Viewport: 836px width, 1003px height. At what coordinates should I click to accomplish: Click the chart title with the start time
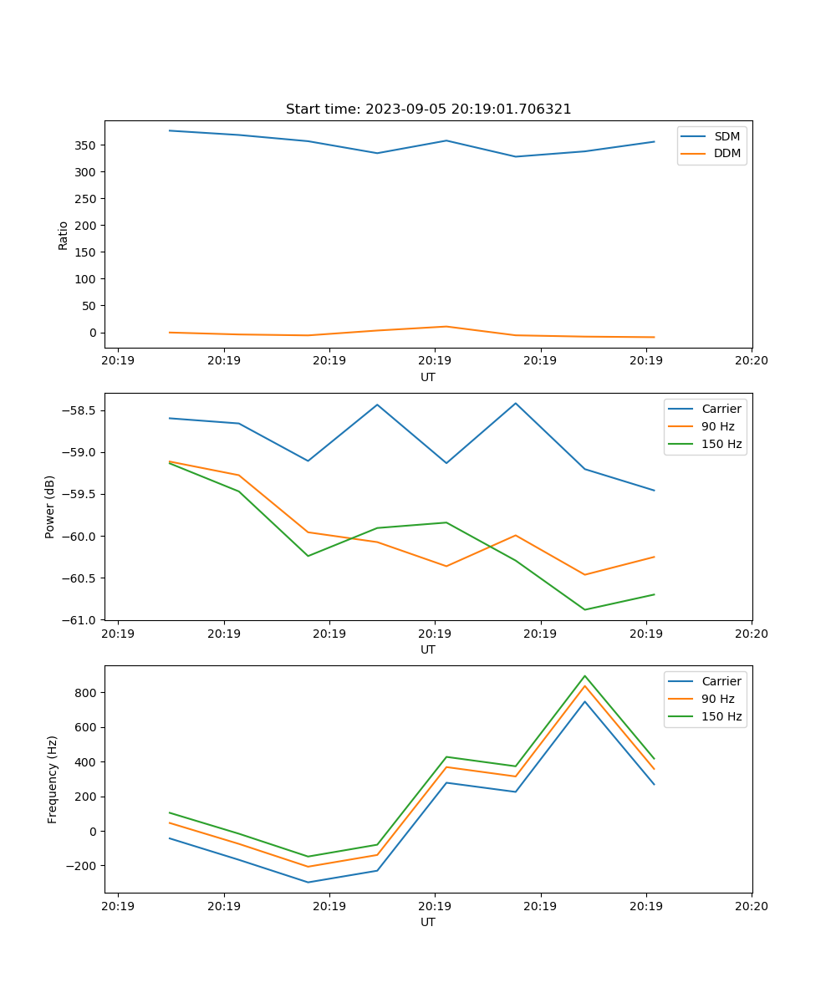pos(428,109)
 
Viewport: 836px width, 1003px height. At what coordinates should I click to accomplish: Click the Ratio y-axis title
pos(64,235)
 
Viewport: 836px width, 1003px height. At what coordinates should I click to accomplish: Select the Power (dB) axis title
pos(50,507)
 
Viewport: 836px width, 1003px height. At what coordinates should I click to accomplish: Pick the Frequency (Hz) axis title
pos(52,779)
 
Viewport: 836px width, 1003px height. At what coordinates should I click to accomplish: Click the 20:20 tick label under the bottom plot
pos(752,906)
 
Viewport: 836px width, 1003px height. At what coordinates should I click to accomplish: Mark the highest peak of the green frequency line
pos(584,676)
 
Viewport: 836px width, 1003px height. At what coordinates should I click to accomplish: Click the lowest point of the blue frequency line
pos(308,882)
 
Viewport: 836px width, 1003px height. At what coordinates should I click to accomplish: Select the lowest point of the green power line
pos(584,609)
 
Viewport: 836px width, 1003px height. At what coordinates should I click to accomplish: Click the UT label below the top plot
pos(428,377)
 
